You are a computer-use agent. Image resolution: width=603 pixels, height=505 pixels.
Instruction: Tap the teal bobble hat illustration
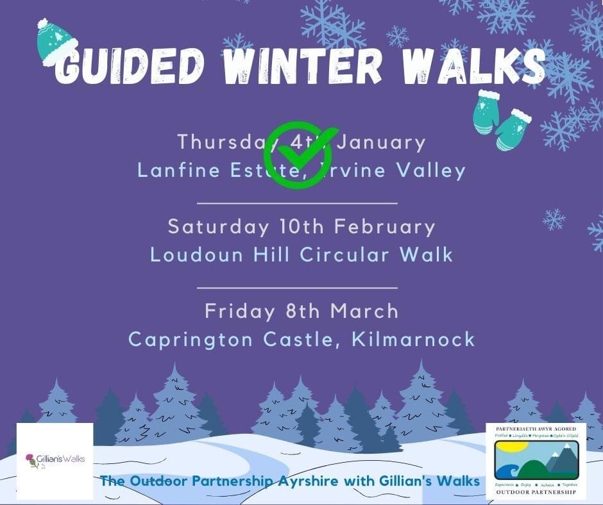[x=56, y=42]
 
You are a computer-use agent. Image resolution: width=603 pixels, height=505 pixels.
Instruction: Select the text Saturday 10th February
[x=301, y=226]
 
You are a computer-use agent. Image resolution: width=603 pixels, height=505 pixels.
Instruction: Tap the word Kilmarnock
[x=414, y=339]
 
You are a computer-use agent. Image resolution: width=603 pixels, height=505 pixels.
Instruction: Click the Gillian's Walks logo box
[x=55, y=460]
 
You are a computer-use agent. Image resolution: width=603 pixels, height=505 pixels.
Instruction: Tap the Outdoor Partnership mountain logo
[x=536, y=459]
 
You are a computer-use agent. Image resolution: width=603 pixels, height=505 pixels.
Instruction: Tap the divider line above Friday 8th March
[x=296, y=288]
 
